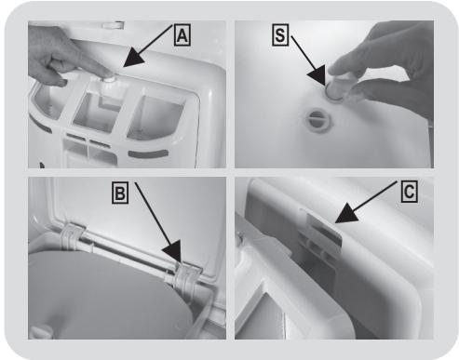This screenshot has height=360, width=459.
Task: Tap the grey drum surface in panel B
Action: tap(102, 298)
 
